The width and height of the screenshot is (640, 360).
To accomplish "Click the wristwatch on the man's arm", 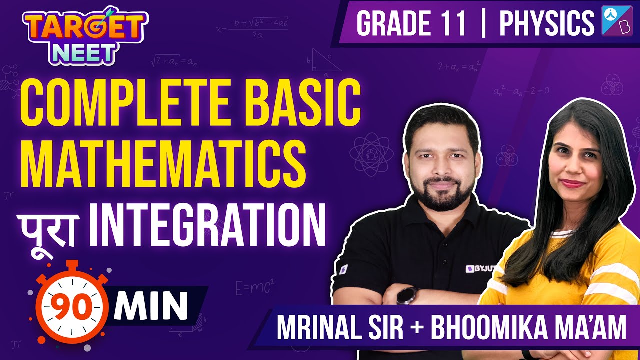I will [406, 295].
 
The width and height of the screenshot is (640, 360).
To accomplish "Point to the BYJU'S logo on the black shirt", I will [478, 269].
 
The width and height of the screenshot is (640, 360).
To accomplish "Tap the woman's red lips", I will [572, 183].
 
